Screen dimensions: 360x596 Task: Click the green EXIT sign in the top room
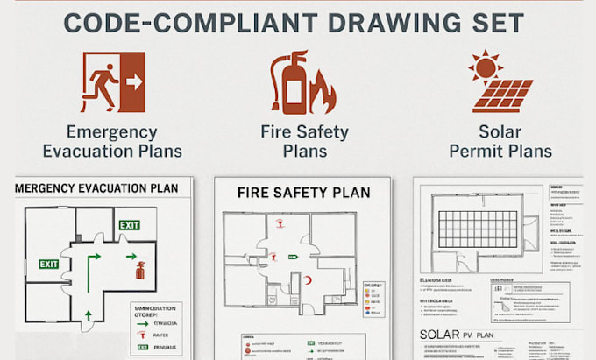(x=129, y=225)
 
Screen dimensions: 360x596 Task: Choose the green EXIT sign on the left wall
(x=49, y=264)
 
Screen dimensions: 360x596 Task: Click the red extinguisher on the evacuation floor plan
(x=139, y=269)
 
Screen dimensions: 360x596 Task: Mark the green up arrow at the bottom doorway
(x=87, y=314)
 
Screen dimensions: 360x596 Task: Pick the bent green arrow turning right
(x=92, y=259)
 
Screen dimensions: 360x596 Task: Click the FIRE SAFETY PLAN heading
(x=303, y=192)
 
